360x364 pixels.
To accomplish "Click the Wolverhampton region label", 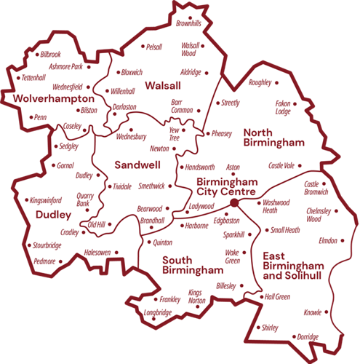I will (50, 98).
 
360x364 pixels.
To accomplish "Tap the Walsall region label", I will (163, 86).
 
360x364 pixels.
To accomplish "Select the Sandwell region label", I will (137, 165).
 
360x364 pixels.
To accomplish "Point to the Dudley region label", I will (52, 215).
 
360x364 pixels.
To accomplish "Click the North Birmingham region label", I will (273, 137).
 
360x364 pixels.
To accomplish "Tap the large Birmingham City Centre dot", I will (234, 192).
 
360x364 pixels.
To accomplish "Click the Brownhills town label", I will (188, 23).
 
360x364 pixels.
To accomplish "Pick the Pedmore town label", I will (44, 261).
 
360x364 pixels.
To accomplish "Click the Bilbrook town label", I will (51, 55).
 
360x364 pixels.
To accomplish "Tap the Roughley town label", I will (260, 82).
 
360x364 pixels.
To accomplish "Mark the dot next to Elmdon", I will (343, 240).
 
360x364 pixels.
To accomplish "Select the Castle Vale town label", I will (281, 166).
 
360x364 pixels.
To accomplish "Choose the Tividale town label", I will (122, 186).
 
